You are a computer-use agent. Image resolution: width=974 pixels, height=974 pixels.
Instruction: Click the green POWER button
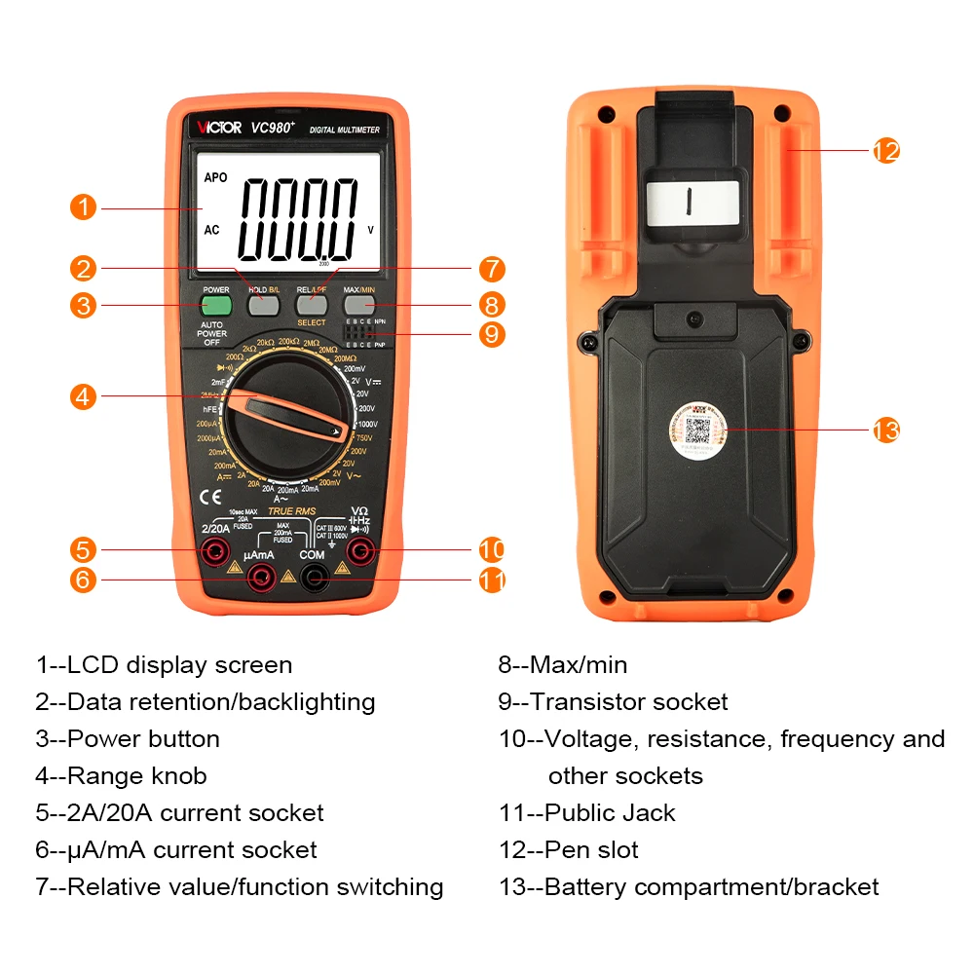216,305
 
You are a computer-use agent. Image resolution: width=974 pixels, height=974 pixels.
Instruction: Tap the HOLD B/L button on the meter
264,305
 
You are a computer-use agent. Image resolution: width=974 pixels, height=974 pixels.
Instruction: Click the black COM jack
313,579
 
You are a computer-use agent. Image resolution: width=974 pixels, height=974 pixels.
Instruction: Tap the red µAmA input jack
260,579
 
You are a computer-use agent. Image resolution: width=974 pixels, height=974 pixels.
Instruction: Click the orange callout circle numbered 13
885,430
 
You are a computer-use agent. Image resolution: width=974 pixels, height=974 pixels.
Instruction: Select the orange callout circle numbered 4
84,396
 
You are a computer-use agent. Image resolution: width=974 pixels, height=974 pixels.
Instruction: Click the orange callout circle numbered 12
885,151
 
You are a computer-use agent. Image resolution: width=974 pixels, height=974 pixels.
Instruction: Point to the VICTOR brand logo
220,128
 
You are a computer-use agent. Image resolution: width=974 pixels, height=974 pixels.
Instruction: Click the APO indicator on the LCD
215,178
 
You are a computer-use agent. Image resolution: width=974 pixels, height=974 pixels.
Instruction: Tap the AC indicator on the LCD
212,231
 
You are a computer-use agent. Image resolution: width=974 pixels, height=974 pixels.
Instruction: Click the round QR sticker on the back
697,431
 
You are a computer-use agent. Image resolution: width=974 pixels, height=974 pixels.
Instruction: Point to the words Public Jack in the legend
609,813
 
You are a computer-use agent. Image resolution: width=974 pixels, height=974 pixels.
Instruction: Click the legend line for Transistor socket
614,702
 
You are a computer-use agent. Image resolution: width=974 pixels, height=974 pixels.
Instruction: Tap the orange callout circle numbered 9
492,334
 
